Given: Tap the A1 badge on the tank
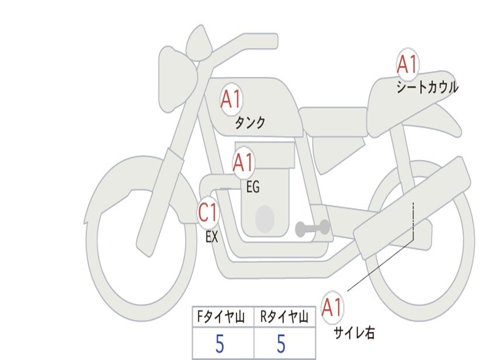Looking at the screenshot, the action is pos(231,98).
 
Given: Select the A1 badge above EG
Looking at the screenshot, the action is pos(243,162).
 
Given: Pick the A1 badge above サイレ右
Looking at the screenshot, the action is pos(332,307).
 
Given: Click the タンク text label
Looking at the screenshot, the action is pos(250,123).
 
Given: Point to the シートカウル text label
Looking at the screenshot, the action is pos(427,87).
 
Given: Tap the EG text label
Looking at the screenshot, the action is pos(253,187).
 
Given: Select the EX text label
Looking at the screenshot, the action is pos(212,237).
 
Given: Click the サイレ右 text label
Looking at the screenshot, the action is pos(354,332).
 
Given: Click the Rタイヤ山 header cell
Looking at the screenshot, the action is pos(285,316).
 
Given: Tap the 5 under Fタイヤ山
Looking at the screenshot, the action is pos(220,344).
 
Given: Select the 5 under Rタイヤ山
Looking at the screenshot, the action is pos(281,344).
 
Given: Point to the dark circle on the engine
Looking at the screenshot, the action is pos(265,219).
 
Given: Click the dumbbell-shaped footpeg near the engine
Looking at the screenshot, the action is pos(312,228).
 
